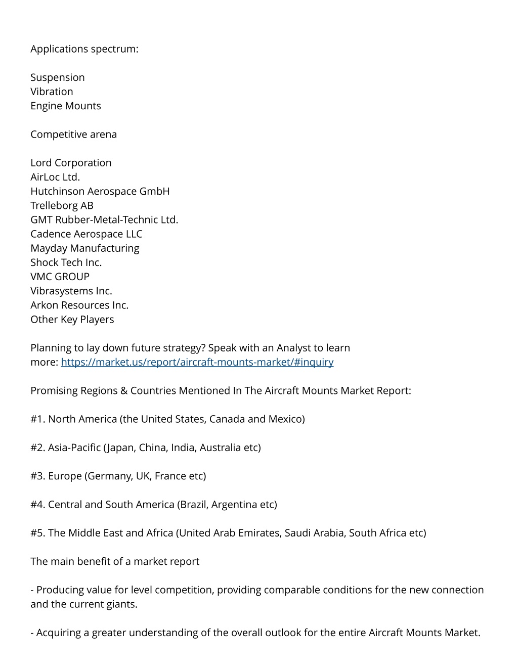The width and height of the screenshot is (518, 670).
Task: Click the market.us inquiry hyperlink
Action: [197, 362]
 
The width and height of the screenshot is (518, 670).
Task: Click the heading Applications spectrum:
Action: [84, 49]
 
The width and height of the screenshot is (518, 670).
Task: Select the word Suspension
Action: [58, 77]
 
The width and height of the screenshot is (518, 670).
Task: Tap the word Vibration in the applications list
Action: [52, 92]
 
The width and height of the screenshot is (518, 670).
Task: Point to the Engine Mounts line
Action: [66, 106]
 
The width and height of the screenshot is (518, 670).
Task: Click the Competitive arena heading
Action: [73, 135]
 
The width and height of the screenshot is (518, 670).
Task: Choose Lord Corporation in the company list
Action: [71, 163]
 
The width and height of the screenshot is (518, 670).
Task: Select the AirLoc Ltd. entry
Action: [55, 177]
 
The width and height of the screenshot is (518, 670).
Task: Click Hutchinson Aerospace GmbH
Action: [100, 191]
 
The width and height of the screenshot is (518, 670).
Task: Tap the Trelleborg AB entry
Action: [62, 205]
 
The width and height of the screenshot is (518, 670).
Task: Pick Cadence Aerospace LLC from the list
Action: [87, 234]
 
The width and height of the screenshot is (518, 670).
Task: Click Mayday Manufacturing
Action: [85, 248]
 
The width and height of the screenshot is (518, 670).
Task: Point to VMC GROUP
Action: [60, 277]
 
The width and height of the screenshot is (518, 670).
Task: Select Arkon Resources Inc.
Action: [79, 305]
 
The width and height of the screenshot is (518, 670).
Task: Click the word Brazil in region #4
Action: [193, 505]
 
